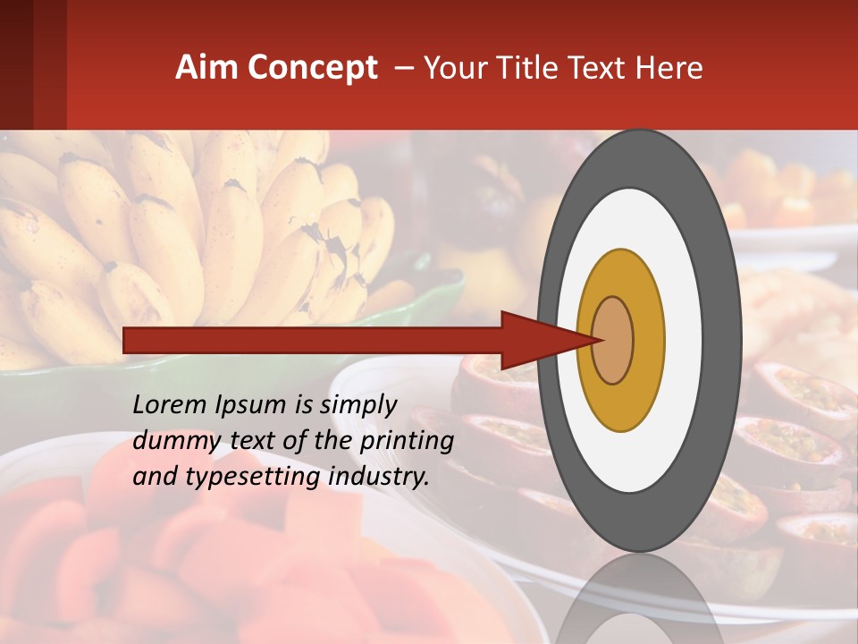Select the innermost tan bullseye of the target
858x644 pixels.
[x=613, y=341]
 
